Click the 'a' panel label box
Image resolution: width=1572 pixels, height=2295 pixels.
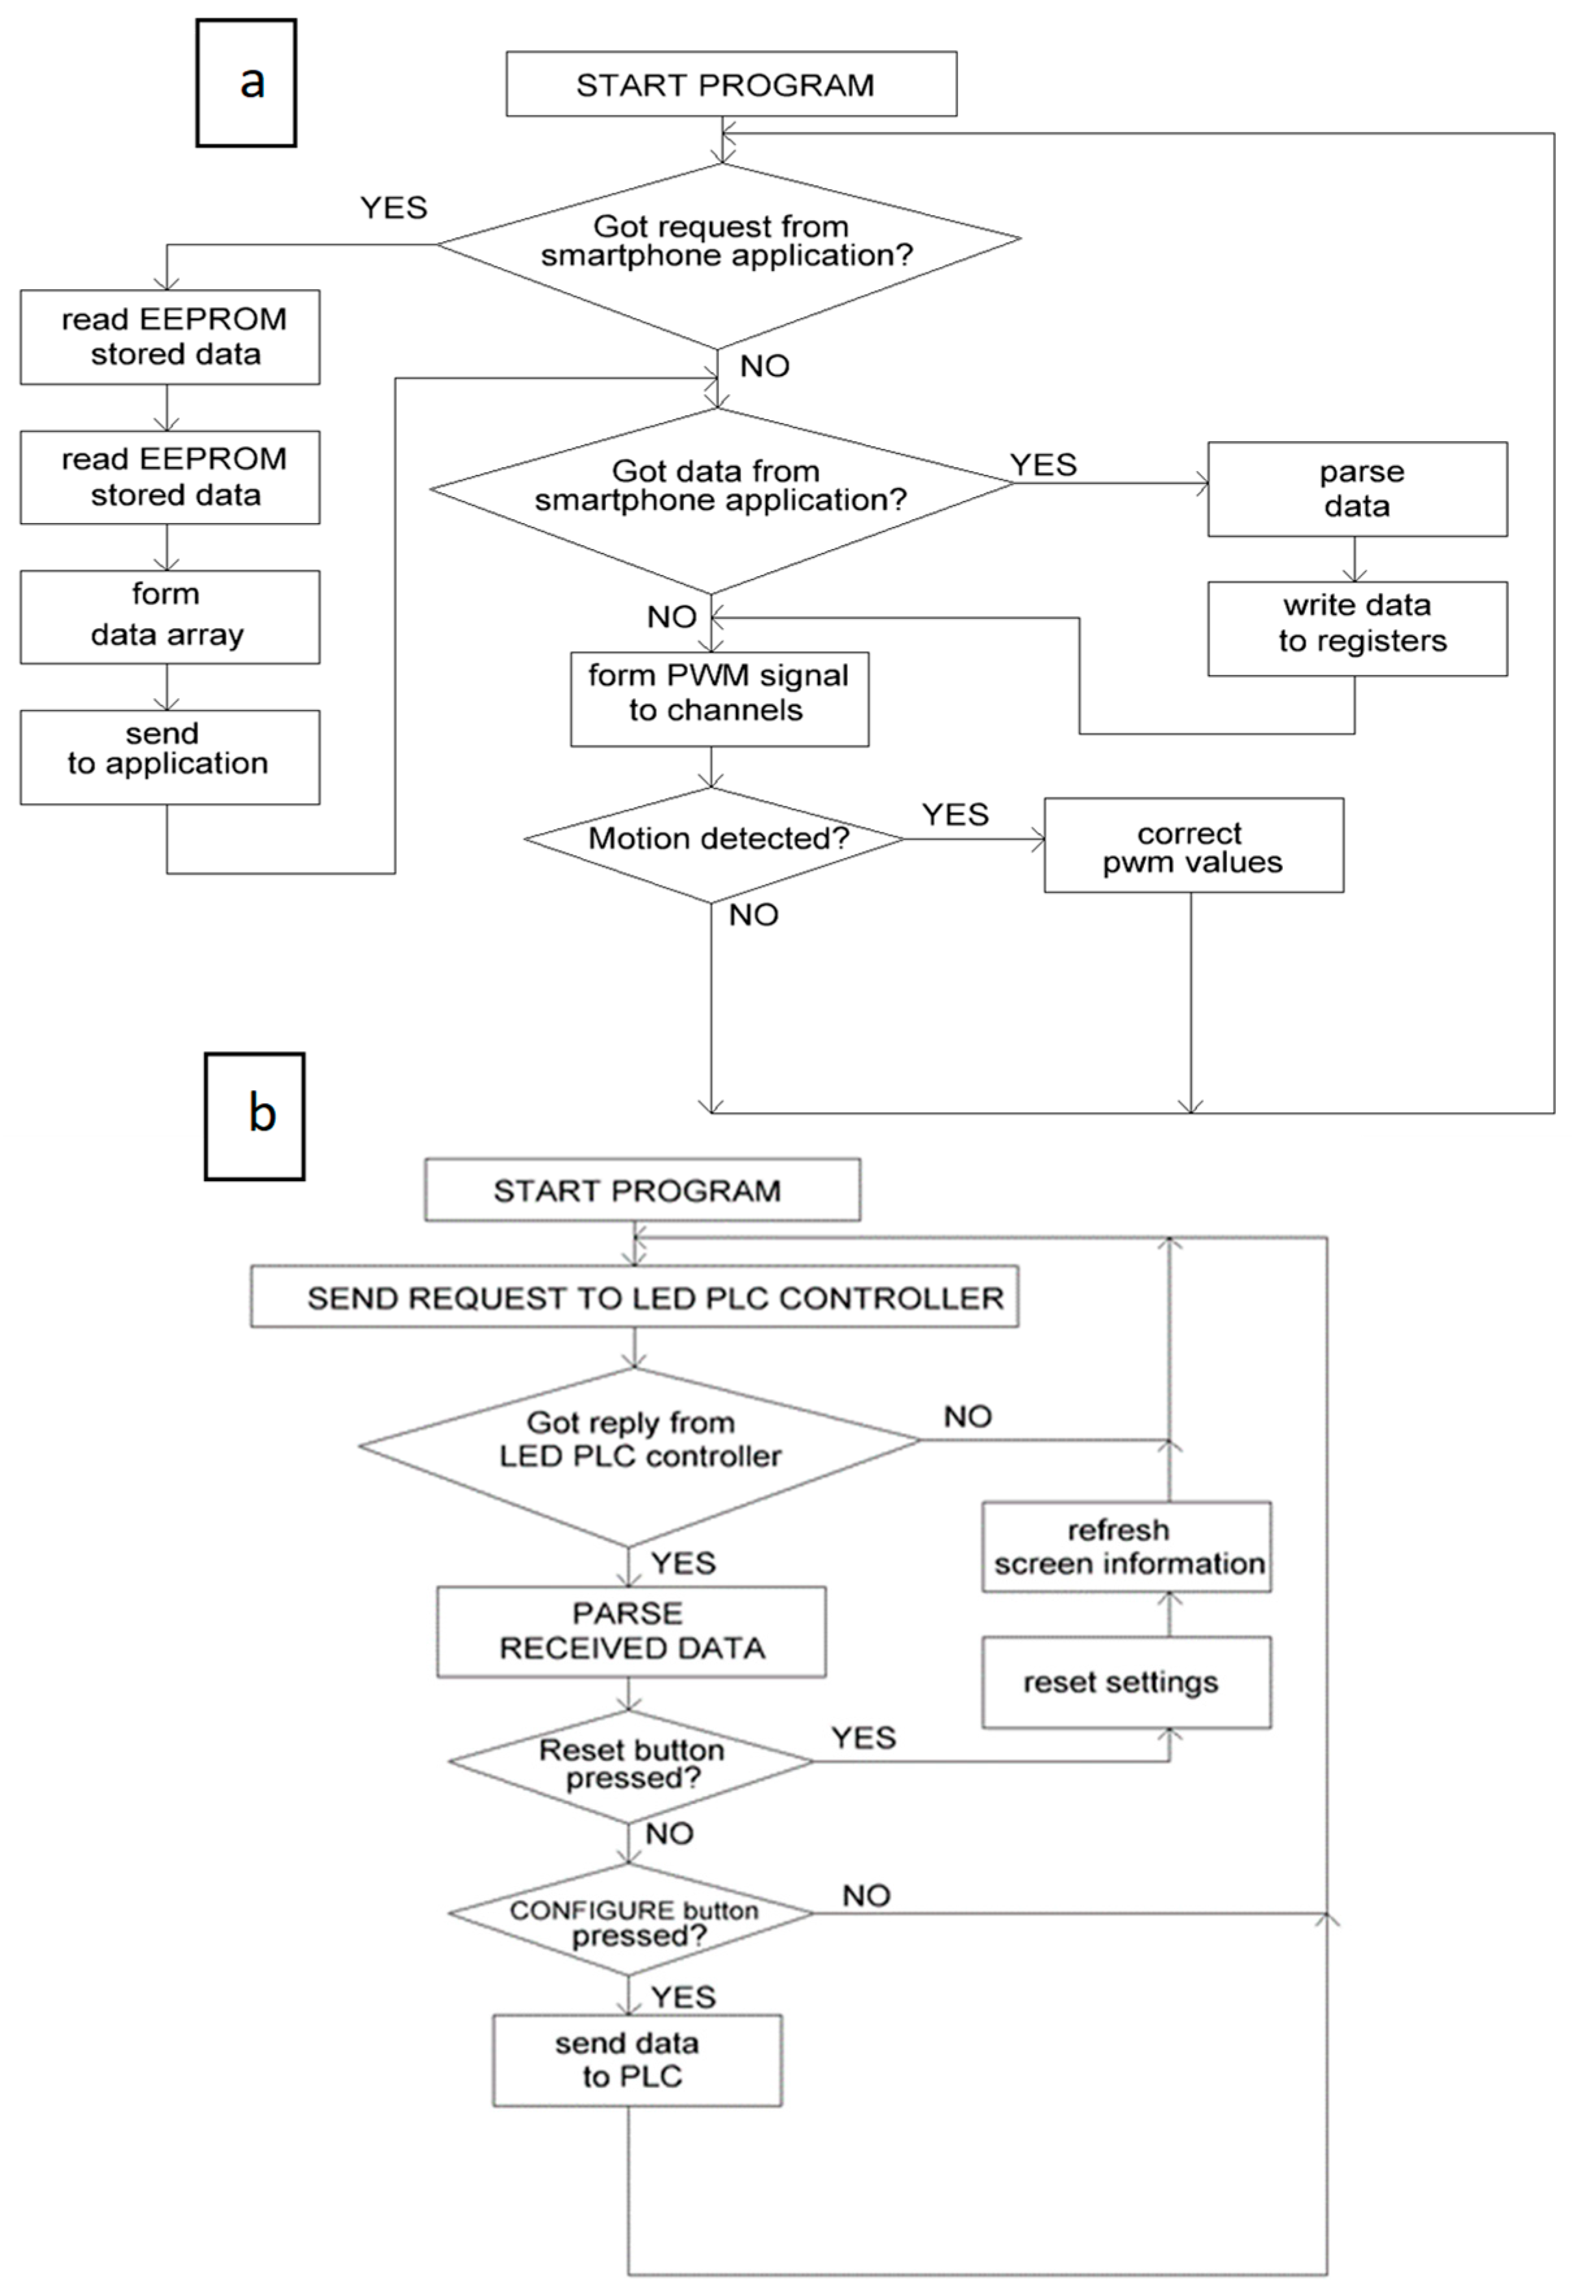(246, 83)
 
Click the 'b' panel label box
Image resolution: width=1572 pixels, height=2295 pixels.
(254, 1116)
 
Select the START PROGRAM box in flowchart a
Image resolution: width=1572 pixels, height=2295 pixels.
(731, 85)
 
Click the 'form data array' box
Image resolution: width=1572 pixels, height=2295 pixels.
(169, 616)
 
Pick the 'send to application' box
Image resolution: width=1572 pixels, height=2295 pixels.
(169, 756)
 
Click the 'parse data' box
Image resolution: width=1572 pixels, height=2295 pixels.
(1357, 489)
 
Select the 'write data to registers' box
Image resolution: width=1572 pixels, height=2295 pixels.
(1357, 628)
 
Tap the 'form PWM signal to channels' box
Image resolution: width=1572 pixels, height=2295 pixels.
(719, 698)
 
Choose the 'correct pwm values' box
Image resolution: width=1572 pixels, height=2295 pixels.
(1193, 845)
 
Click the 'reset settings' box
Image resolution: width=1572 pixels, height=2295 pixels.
(1126, 1682)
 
